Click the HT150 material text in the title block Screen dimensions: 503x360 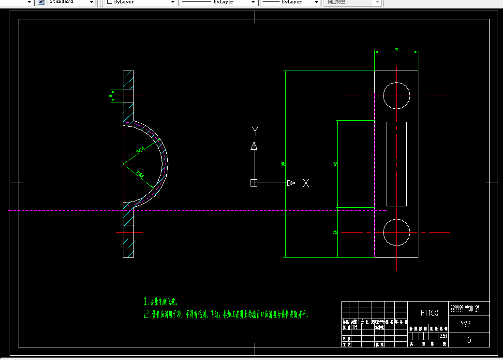(x=429, y=313)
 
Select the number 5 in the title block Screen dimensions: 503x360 (x=469, y=340)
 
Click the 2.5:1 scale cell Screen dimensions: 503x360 (x=443, y=335)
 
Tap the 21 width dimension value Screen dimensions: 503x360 (x=397, y=49)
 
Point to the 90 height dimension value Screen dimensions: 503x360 (x=283, y=164)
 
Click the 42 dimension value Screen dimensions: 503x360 (x=335, y=164)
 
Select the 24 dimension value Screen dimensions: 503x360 (x=335, y=232)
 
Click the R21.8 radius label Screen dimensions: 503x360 (x=140, y=150)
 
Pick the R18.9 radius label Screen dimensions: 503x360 (x=140, y=174)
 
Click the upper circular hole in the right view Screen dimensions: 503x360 (x=397, y=95)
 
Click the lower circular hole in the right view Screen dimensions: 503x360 (x=397, y=232)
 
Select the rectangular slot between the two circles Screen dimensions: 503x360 (x=396, y=164)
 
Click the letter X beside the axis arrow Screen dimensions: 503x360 (x=306, y=183)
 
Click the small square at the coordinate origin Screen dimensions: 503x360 (x=253, y=183)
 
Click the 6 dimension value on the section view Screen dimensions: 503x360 (x=110, y=96)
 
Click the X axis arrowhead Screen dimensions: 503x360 (x=291, y=183)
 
